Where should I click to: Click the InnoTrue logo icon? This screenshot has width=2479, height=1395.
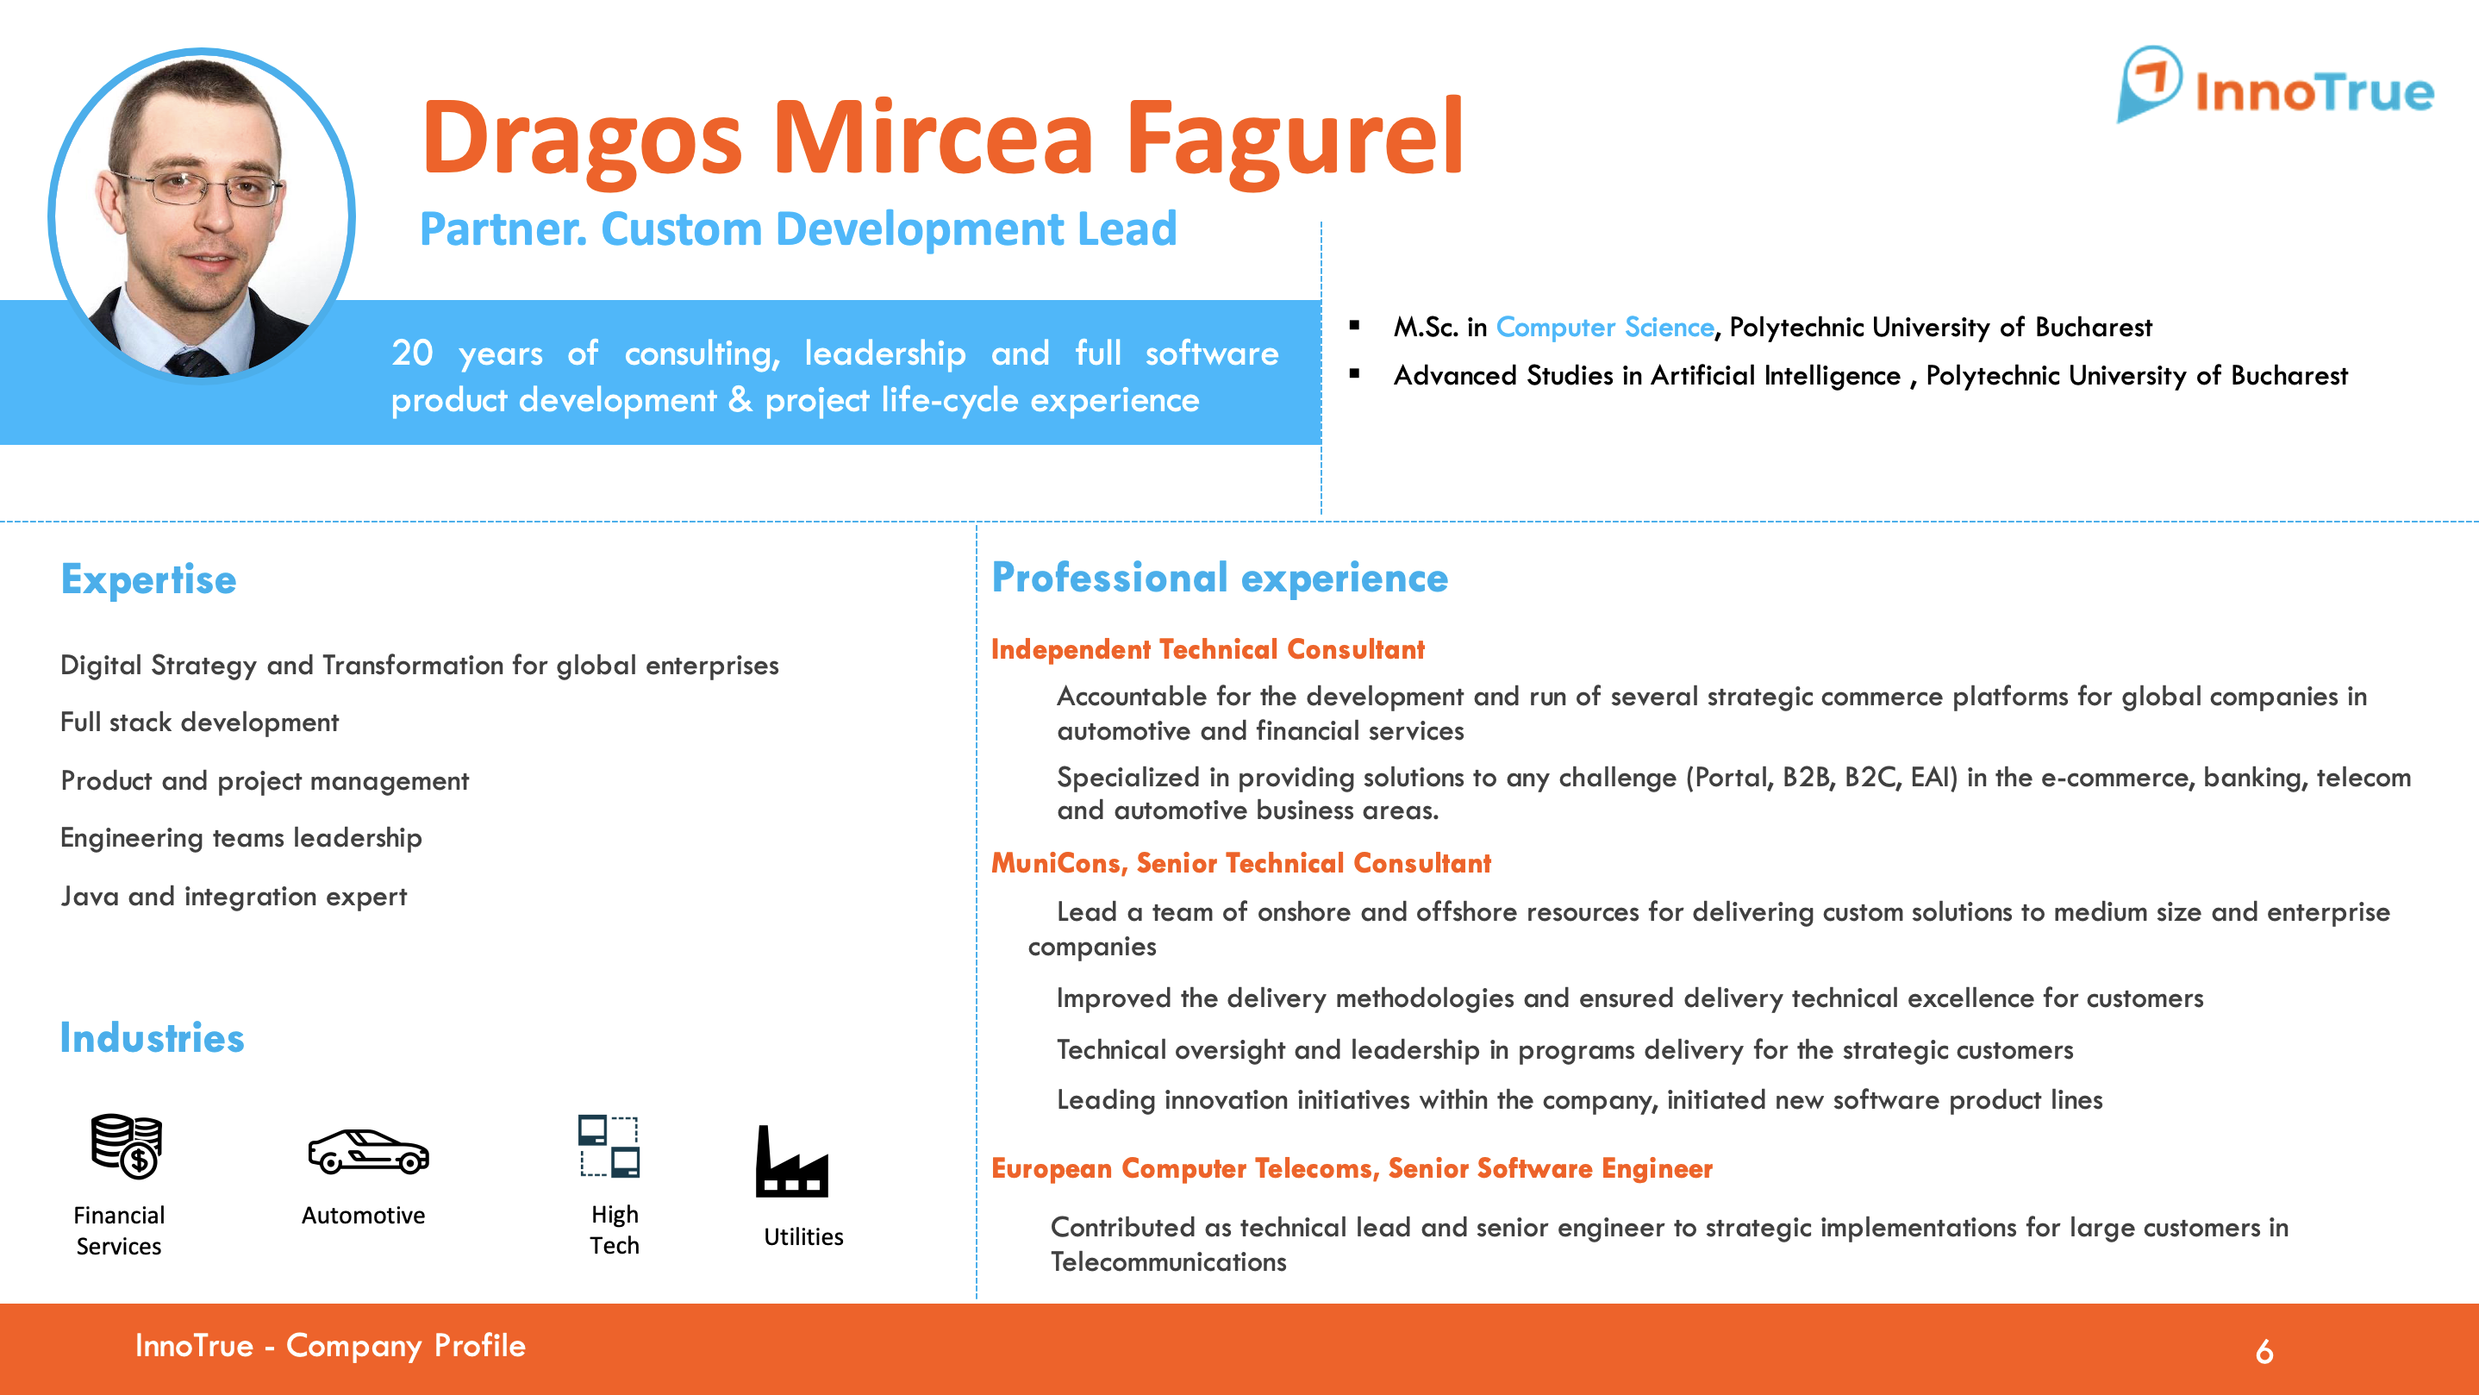point(2149,84)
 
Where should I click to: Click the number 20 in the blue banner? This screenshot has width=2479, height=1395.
point(412,353)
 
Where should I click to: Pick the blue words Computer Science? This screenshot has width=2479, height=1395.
point(1604,328)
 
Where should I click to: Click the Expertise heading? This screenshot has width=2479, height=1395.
point(148,580)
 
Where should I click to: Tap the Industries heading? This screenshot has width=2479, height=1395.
point(152,1038)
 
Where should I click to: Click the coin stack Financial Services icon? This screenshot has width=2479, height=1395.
point(126,1146)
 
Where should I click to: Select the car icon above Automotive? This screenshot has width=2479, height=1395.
point(367,1151)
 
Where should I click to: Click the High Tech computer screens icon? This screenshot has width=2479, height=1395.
point(609,1146)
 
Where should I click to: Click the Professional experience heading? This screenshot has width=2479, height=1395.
point(1220,578)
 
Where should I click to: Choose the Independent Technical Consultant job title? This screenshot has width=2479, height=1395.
point(1208,650)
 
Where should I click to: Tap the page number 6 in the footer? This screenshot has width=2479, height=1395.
point(2264,1352)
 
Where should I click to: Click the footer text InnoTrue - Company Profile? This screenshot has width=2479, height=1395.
point(330,1345)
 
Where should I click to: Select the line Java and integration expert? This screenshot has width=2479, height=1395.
point(234,897)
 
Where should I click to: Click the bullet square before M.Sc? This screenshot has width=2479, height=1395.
point(1355,325)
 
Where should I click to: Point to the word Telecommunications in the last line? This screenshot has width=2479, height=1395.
point(1168,1262)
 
